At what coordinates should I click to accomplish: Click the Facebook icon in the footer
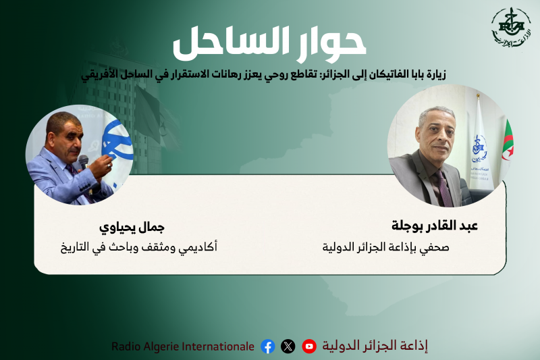tap(268, 346)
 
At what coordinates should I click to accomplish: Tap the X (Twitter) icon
tap(288, 346)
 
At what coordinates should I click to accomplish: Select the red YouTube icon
tap(309, 346)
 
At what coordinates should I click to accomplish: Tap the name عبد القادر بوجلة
tap(435, 226)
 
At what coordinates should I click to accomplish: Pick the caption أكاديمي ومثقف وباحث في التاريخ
tap(138, 247)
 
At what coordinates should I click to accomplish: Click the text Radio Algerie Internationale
tap(183, 346)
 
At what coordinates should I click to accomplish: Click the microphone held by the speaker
tap(84, 162)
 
